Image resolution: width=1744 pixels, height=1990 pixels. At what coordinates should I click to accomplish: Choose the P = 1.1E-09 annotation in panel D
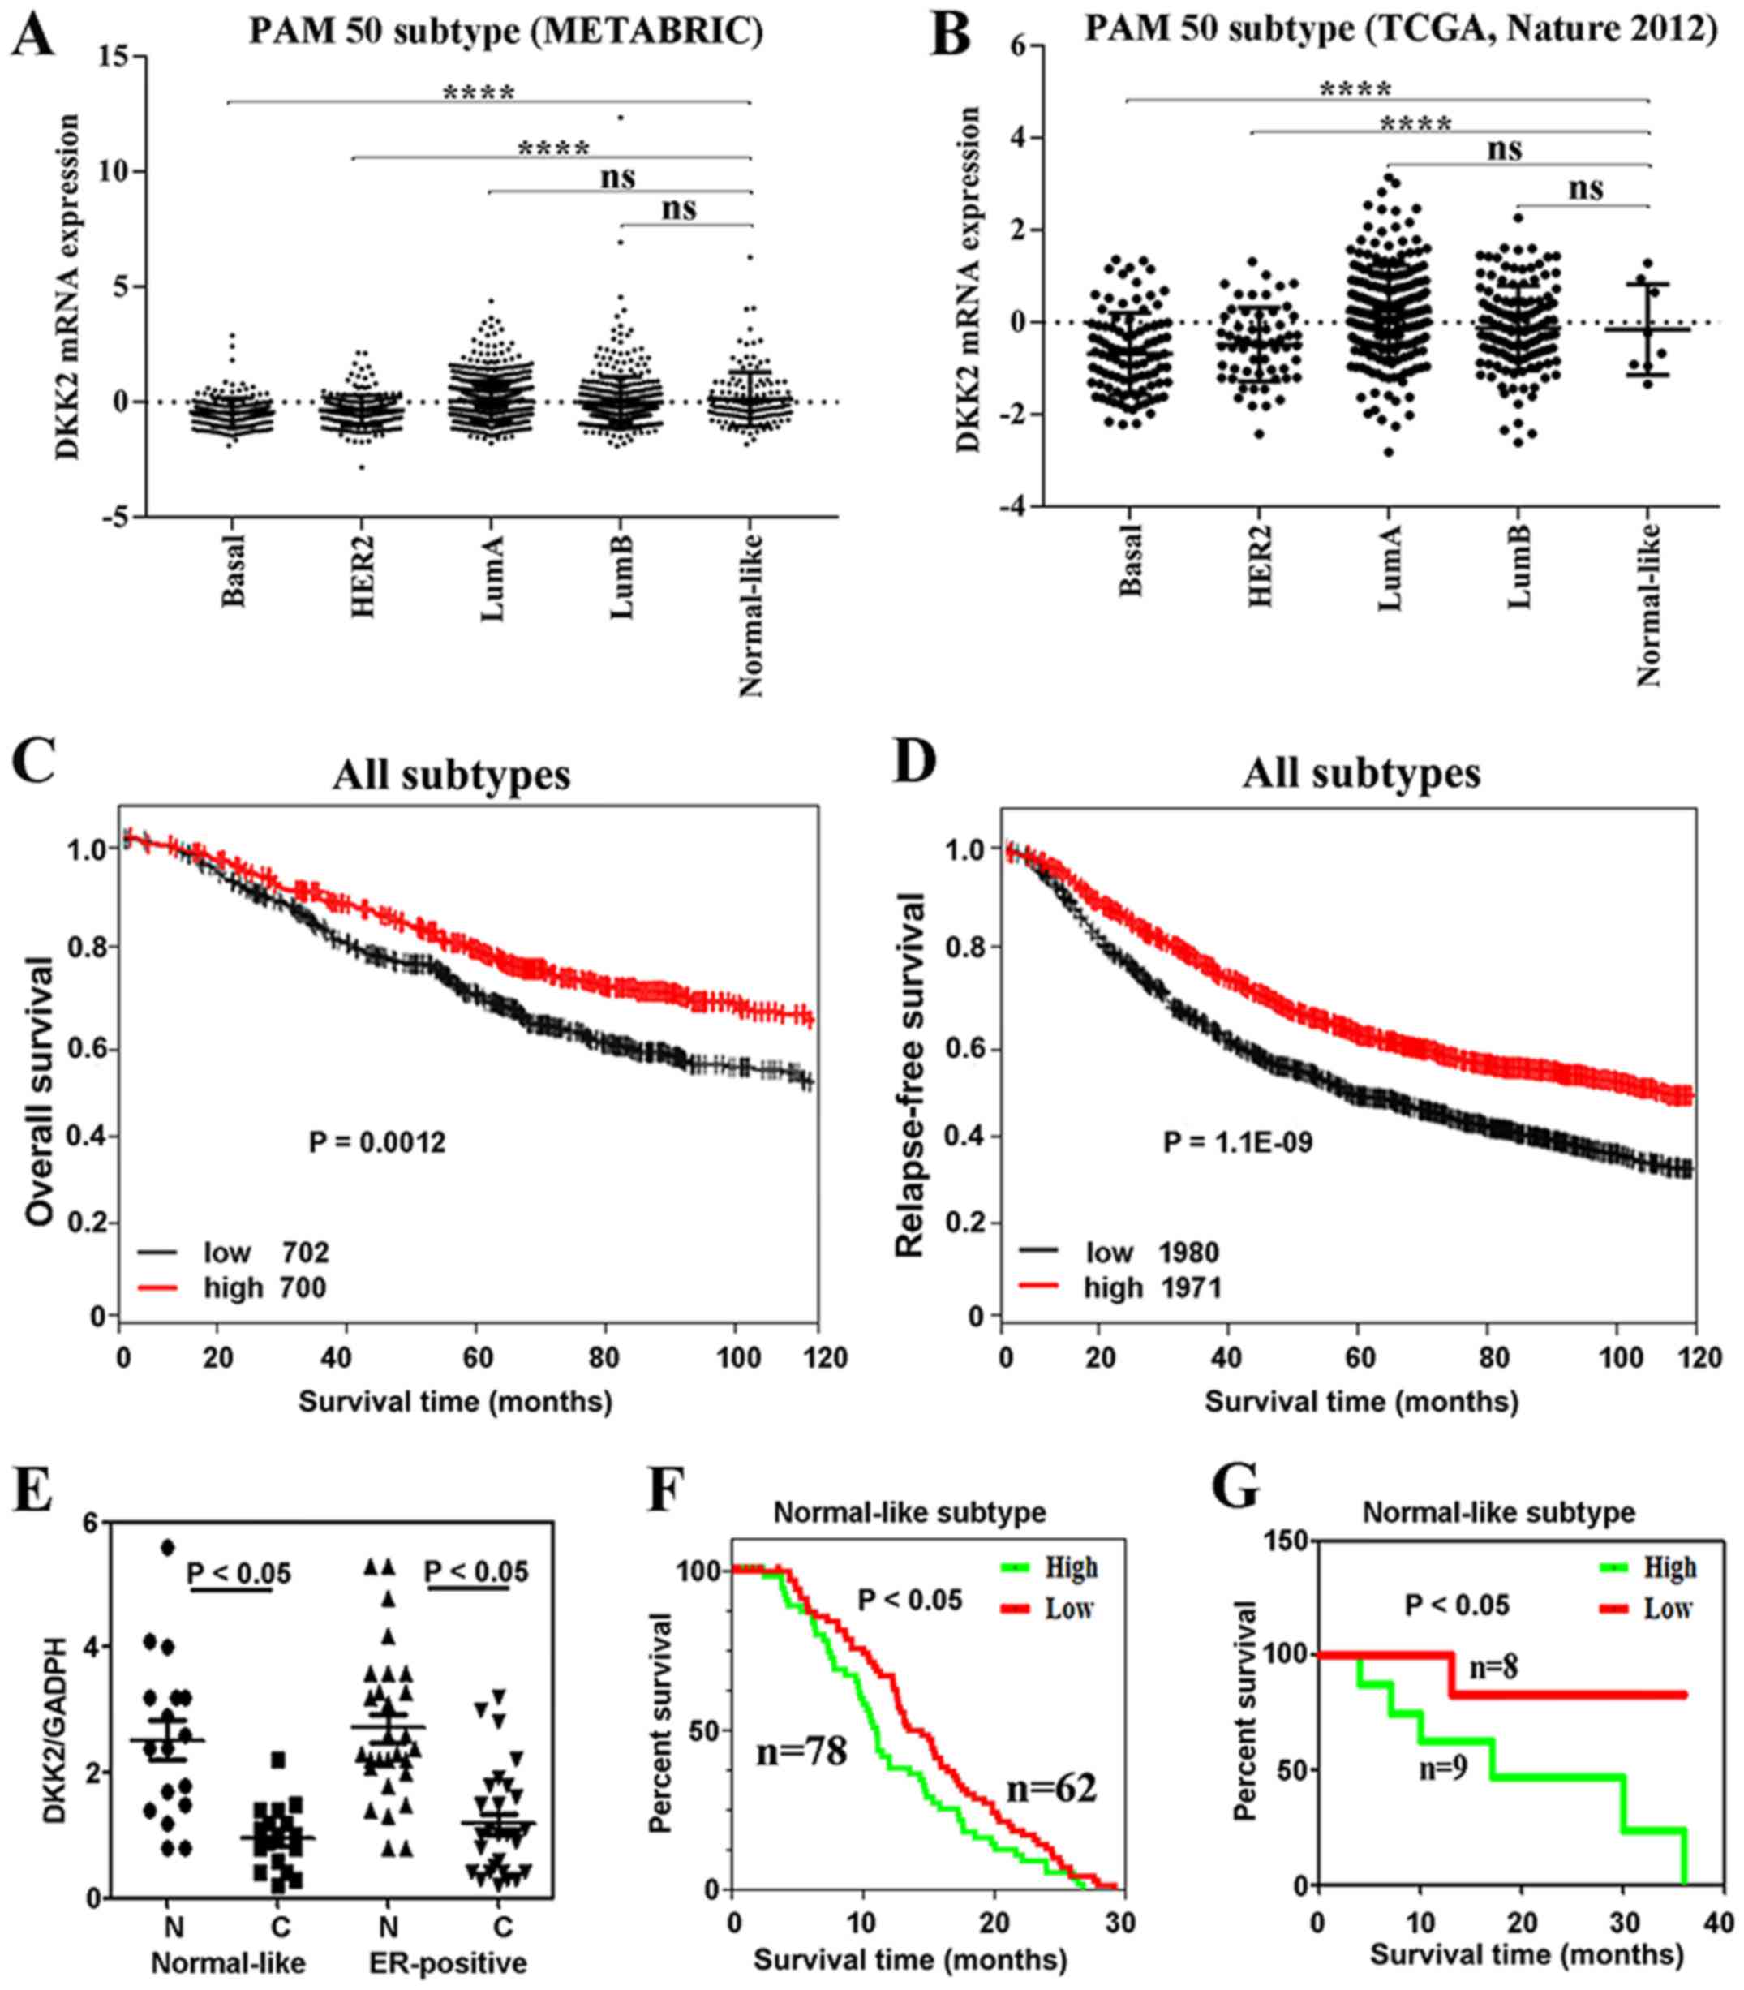point(1238,1141)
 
